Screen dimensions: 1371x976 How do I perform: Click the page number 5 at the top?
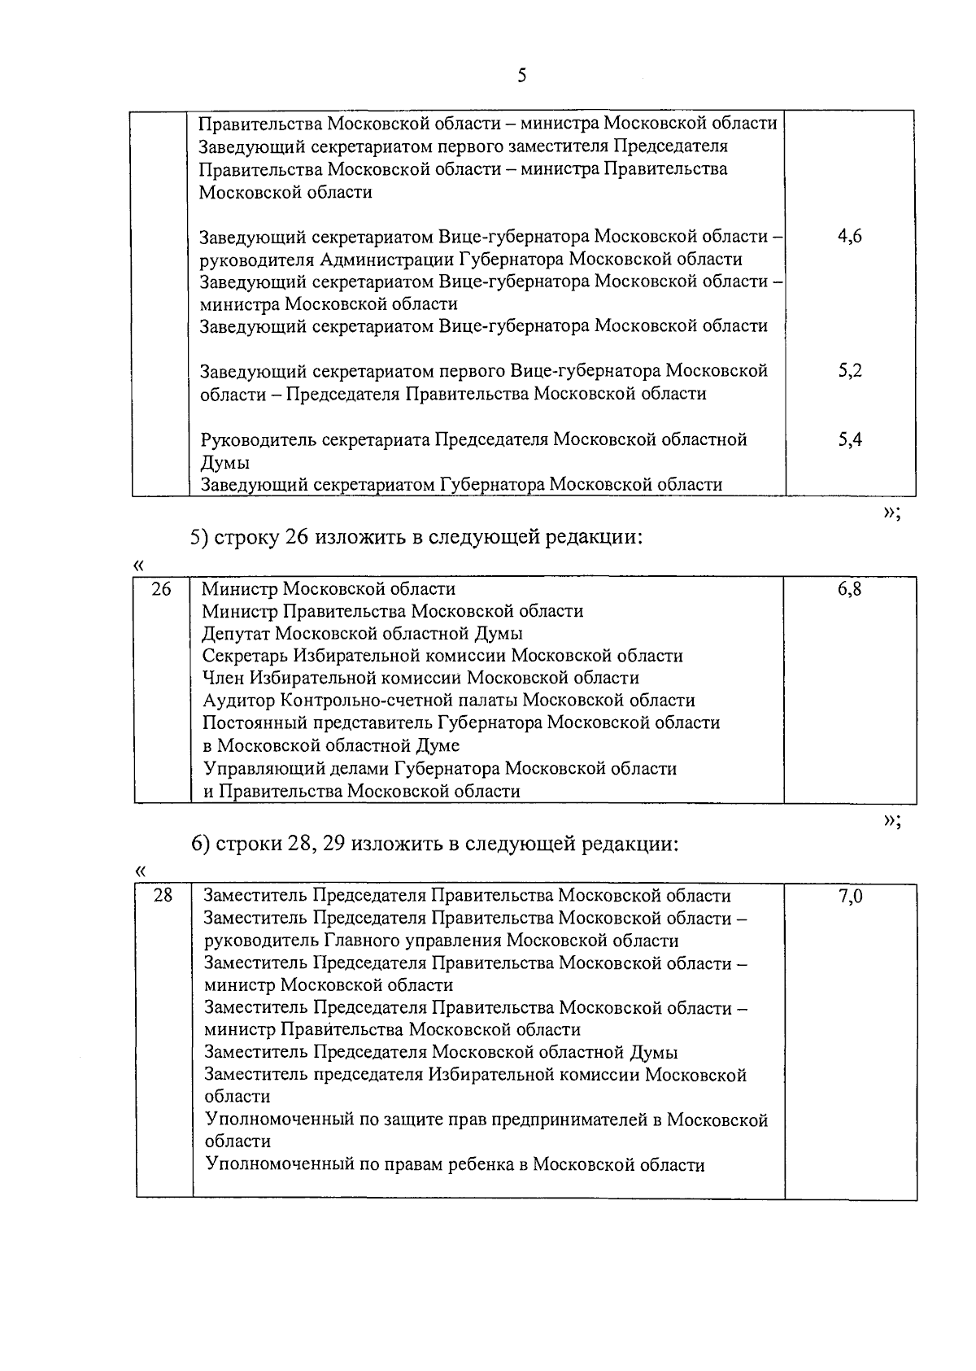pyautogui.click(x=521, y=76)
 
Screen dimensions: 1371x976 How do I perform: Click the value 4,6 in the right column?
pyautogui.click(x=849, y=237)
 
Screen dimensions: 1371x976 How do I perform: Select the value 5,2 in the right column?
pyautogui.click(x=849, y=371)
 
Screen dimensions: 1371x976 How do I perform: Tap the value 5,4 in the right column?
pyautogui.click(x=849, y=440)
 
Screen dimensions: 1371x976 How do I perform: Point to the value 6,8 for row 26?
pyautogui.click(x=849, y=589)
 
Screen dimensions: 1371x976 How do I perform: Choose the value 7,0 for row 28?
pyautogui.click(x=850, y=897)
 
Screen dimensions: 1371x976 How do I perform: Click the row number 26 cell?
pyautogui.click(x=162, y=589)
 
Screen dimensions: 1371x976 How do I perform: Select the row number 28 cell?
pyautogui.click(x=163, y=896)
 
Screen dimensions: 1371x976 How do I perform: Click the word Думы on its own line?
pyautogui.click(x=225, y=463)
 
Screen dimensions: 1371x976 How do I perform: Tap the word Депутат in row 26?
pyautogui.click(x=236, y=634)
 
